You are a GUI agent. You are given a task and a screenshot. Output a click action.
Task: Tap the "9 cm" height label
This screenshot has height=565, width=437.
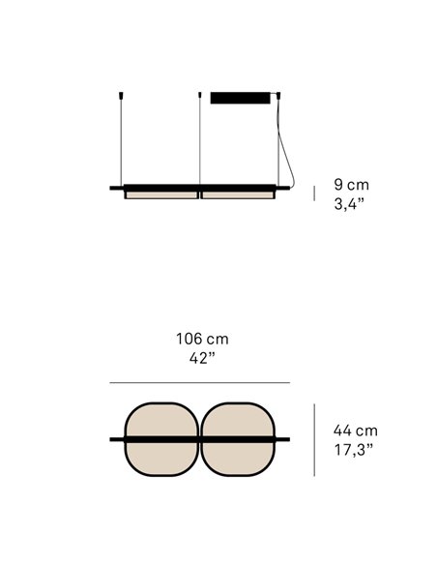pyautogui.click(x=350, y=184)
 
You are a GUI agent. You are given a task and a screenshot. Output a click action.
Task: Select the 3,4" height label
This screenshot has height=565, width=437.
pyautogui.click(x=349, y=203)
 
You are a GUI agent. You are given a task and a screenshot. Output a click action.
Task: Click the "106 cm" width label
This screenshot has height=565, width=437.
pyautogui.click(x=202, y=340)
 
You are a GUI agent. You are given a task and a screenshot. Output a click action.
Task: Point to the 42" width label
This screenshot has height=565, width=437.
pyautogui.click(x=202, y=359)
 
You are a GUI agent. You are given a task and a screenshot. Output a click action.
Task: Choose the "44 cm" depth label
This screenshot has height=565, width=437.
pyautogui.click(x=355, y=431)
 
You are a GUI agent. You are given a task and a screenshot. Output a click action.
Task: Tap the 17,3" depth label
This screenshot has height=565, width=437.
pyautogui.click(x=354, y=449)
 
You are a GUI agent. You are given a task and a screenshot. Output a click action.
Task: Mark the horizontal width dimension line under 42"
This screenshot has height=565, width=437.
pyautogui.click(x=199, y=382)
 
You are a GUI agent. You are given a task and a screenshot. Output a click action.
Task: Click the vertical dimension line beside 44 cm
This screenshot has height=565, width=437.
pyautogui.click(x=313, y=439)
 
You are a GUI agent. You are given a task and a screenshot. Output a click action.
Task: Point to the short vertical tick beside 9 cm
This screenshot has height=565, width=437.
pyautogui.click(x=313, y=193)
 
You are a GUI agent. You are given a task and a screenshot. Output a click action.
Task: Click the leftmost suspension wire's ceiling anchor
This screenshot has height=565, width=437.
pyautogui.click(x=120, y=96)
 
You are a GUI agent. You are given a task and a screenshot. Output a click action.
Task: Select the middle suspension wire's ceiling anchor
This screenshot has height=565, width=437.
pyautogui.click(x=199, y=96)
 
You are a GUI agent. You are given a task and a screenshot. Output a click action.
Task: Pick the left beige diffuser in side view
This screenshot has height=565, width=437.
pyautogui.click(x=160, y=194)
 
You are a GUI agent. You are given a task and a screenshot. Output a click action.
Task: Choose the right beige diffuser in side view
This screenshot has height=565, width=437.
pyautogui.click(x=239, y=194)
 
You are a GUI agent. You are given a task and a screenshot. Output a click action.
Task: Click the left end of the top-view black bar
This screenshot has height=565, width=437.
pyautogui.click(x=112, y=440)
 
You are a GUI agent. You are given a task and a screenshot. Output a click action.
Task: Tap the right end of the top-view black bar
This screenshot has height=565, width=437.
pyautogui.click(x=286, y=440)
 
